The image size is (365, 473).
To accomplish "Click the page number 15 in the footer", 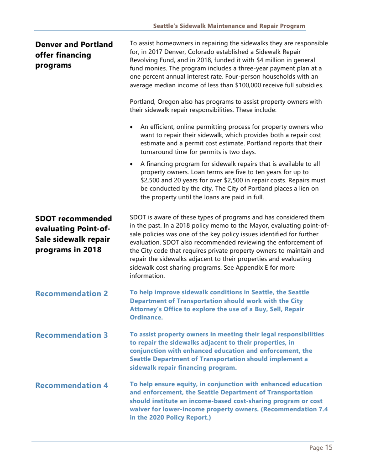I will point(329,447).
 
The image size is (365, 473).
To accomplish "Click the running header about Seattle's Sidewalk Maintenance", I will point(229,26).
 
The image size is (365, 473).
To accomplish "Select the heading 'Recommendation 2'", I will point(72,293).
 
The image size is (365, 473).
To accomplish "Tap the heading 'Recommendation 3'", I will point(72,335).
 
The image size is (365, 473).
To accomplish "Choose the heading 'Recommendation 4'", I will point(72,385).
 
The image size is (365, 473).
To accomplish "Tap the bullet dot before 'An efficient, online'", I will point(132,127).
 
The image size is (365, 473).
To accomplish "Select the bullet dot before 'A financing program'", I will point(132,164).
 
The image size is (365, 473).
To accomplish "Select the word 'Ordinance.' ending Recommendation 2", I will point(146,318).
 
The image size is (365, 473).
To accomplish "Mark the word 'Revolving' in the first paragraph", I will point(144,60).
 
